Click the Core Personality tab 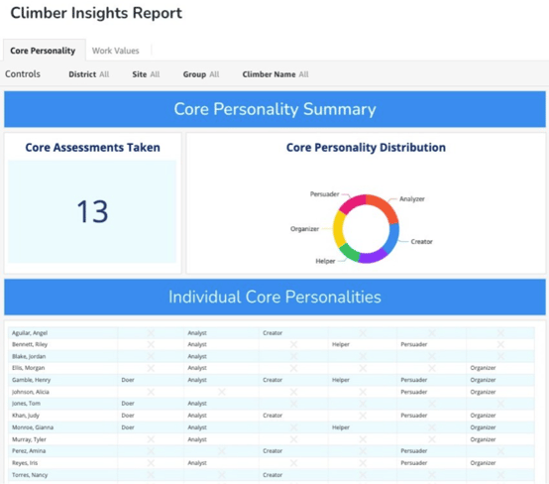pos(43,51)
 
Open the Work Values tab pos(115,51)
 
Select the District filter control pos(88,74)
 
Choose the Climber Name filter pos(274,74)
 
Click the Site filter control pos(145,74)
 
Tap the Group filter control pos(200,74)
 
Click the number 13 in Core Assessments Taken pos(92,212)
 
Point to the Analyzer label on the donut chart pos(411,199)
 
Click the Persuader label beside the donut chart pos(324,194)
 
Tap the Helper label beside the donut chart pos(325,262)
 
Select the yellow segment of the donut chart pos(339,232)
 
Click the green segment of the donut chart pos(350,253)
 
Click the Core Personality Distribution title pos(366,148)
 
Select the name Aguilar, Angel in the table pos(30,333)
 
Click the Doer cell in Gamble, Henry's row pos(128,380)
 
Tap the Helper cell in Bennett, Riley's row pos(341,345)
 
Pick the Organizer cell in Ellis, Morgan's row pos(483,368)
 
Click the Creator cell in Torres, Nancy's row pos(273,475)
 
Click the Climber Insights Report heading pos(96,14)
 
